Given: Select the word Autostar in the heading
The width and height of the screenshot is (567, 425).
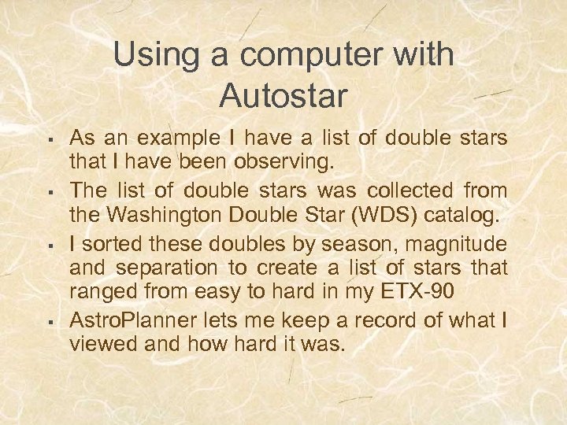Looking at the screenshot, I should click(x=283, y=96).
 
